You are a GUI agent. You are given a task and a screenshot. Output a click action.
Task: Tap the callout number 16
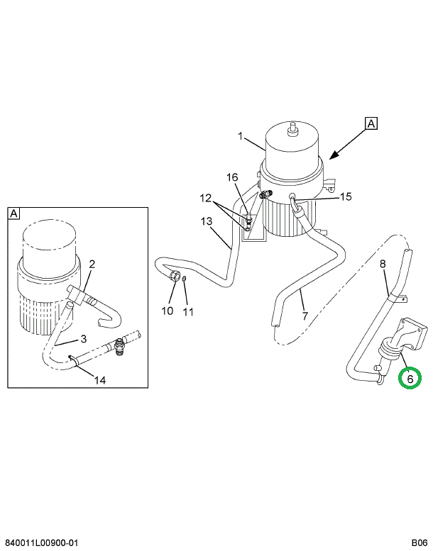pos(232,177)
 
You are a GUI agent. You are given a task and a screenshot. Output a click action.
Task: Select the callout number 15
pos(346,196)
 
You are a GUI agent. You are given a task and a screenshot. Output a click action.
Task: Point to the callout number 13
pos(207,221)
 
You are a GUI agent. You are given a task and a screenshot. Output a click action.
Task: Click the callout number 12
pos(205,197)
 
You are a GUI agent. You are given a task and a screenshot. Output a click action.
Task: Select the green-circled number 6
pos(410,379)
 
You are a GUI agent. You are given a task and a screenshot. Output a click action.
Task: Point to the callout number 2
pos(92,265)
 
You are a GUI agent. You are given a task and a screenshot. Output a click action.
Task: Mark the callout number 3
pos(83,338)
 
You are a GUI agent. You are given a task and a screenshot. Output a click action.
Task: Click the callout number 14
pos(100,380)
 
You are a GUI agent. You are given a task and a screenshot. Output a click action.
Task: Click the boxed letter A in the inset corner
pos(14,213)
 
